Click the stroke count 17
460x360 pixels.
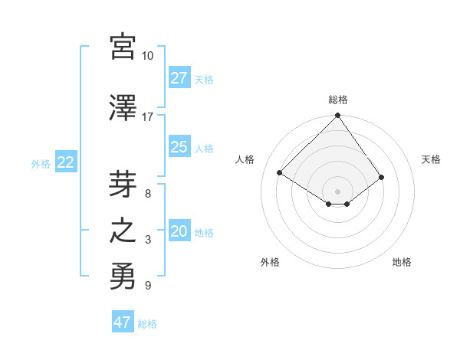click(x=148, y=116)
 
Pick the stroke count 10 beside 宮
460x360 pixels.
click(x=148, y=56)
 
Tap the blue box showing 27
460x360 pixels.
click(x=179, y=78)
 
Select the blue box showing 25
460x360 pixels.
click(x=179, y=147)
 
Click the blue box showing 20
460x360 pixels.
click(x=179, y=231)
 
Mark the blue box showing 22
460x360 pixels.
click(x=65, y=162)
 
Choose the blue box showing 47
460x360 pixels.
click(x=122, y=322)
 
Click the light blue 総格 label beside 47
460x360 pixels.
click(x=147, y=324)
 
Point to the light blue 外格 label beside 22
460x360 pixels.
click(x=41, y=163)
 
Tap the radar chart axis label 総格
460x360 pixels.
click(x=338, y=100)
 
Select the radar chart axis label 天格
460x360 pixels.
click(x=431, y=159)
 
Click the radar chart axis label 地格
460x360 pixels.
click(x=402, y=262)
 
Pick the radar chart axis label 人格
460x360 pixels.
click(x=245, y=159)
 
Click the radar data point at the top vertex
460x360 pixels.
click(x=338, y=116)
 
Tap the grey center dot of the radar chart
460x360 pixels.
click(x=338, y=190)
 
